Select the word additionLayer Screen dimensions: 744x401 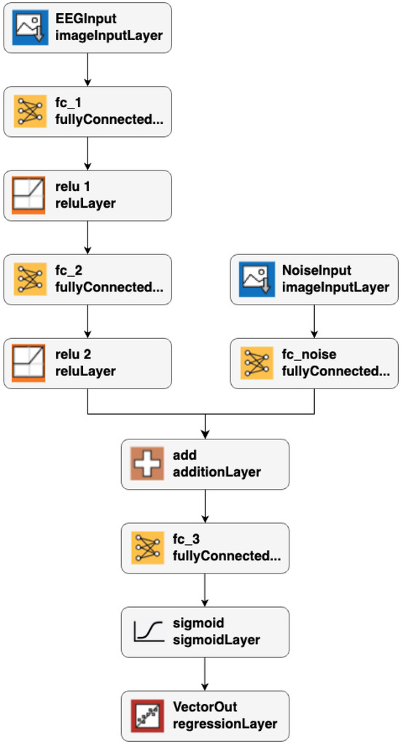click(x=217, y=471)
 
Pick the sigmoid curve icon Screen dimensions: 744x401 click(x=147, y=632)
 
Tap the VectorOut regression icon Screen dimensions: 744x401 click(x=147, y=716)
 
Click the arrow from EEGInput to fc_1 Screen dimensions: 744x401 click(x=87, y=69)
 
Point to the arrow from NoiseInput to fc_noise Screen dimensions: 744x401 click(x=314, y=321)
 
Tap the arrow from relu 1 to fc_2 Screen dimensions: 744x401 click(x=87, y=237)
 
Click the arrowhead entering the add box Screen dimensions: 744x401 click(x=206, y=435)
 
